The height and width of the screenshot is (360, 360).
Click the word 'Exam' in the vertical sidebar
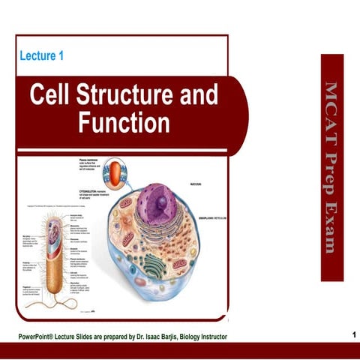[x=331, y=229]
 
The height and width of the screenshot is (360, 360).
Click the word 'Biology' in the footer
[x=190, y=334]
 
